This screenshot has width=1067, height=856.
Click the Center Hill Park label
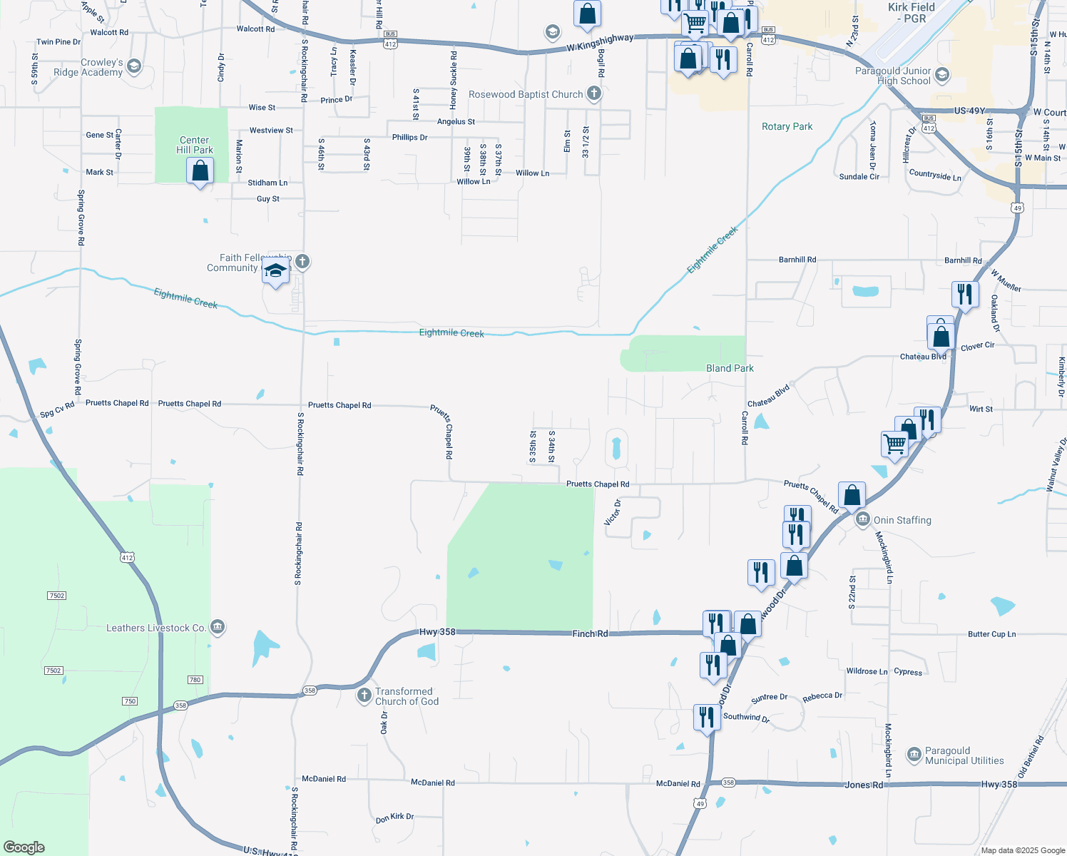pos(195,145)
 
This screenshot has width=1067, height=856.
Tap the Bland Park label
pos(730,368)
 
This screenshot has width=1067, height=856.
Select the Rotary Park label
pos(787,126)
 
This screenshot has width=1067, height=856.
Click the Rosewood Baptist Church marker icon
pos(594,93)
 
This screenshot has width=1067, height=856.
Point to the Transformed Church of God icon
pos(364,695)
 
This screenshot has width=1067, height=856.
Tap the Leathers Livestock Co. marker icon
pos(218,628)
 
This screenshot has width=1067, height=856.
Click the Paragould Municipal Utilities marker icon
pos(914,755)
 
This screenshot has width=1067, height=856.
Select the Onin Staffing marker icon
pos(862,519)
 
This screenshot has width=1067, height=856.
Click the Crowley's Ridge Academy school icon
pos(134,67)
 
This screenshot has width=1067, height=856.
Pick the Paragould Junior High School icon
pos(942,75)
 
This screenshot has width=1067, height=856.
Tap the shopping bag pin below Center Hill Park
pos(200,171)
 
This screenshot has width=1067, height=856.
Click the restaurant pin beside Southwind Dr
pos(706,717)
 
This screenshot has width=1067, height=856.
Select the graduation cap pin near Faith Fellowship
pos(275,272)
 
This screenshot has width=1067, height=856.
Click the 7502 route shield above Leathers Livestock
pos(56,596)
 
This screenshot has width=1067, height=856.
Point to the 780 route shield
pos(195,680)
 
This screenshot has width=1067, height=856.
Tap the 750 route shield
pos(130,701)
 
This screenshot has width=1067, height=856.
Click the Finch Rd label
pos(590,633)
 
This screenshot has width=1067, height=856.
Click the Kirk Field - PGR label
pos(912,13)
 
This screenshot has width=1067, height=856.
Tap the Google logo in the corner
pos(24,847)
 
